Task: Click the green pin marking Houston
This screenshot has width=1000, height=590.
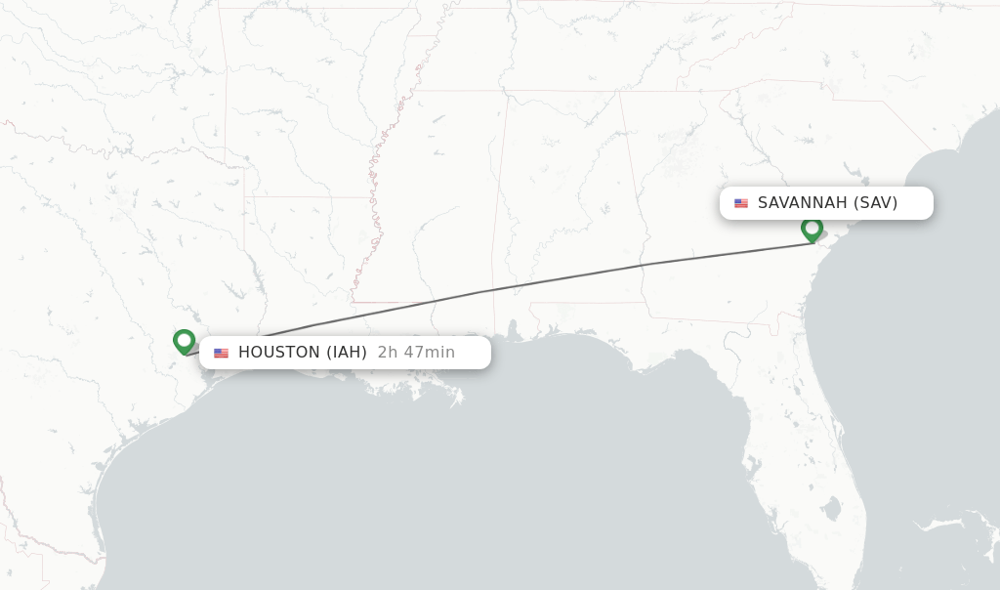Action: tap(184, 341)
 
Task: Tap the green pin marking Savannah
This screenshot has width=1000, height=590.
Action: tap(812, 229)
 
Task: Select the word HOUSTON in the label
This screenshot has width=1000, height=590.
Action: tap(278, 353)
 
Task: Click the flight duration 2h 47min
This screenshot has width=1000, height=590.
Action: tap(416, 353)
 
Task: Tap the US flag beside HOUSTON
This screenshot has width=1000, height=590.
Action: tap(221, 353)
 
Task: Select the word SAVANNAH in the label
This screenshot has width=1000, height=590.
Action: tap(802, 203)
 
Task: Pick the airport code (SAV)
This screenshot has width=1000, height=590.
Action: tap(875, 203)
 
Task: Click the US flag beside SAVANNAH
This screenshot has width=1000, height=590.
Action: tap(741, 203)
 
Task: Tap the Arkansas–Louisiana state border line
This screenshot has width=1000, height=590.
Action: tap(308, 197)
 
